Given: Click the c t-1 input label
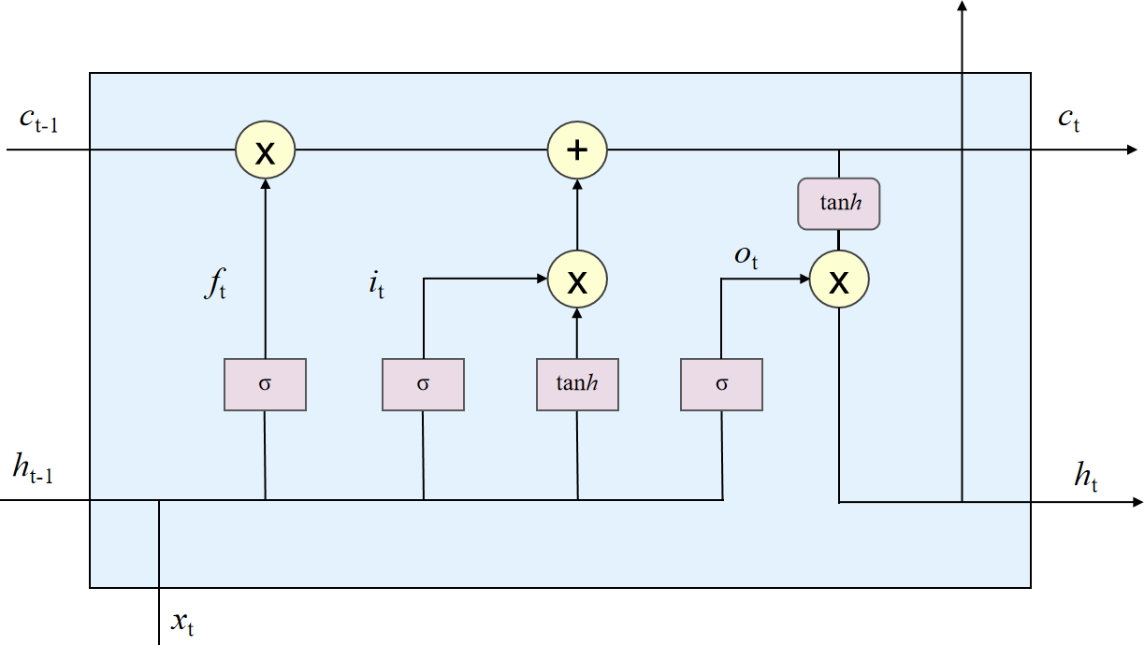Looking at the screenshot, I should (x=38, y=121).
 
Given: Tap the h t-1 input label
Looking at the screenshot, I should (x=33, y=470).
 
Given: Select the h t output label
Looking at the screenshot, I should (x=1085, y=479).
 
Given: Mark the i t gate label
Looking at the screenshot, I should (x=375, y=284).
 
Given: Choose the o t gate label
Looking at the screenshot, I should (x=746, y=256).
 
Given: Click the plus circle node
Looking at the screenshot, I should (x=577, y=150).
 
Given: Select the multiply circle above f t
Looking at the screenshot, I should (x=265, y=150).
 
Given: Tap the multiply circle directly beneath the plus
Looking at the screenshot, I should (x=577, y=279).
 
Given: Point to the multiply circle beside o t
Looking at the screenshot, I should (x=839, y=279).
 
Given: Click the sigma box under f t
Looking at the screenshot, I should (x=265, y=383).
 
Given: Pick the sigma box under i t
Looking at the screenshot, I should (x=423, y=383).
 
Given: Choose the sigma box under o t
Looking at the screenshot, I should (x=721, y=383).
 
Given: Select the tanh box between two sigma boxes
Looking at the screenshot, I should (x=577, y=383).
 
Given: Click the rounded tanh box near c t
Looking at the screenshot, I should (x=838, y=204).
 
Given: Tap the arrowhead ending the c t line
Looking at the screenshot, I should (x=1133, y=150).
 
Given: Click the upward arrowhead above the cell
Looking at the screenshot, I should (x=962, y=6).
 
